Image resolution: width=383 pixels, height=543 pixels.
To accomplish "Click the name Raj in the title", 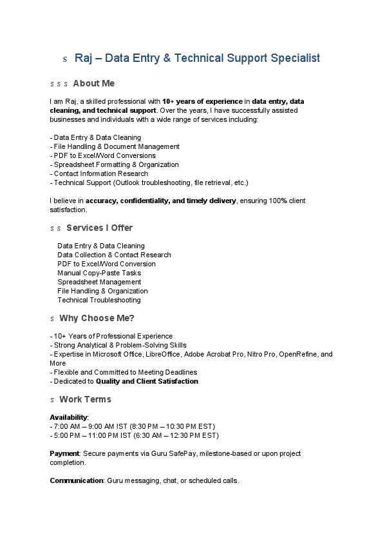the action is coord(83,58).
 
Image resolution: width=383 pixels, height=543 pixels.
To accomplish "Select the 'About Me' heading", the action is coord(93,83).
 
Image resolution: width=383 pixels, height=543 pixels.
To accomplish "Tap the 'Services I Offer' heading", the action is coord(99,228).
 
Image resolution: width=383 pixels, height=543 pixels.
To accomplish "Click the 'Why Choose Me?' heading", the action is coord(97,318).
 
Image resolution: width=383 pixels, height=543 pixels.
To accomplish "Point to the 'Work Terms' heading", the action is coord(85,399).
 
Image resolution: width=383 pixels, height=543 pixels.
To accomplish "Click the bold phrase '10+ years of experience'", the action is coord(202,101).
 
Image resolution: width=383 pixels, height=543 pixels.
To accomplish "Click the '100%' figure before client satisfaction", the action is coord(277,201).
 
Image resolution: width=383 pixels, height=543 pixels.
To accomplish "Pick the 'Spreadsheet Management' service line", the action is coord(99,282).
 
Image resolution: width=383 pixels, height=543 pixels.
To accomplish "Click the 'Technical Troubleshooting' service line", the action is coord(98,300).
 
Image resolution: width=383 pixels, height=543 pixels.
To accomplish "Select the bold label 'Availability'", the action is coord(68,417).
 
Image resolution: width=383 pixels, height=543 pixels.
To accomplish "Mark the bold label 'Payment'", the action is coord(64,453).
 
